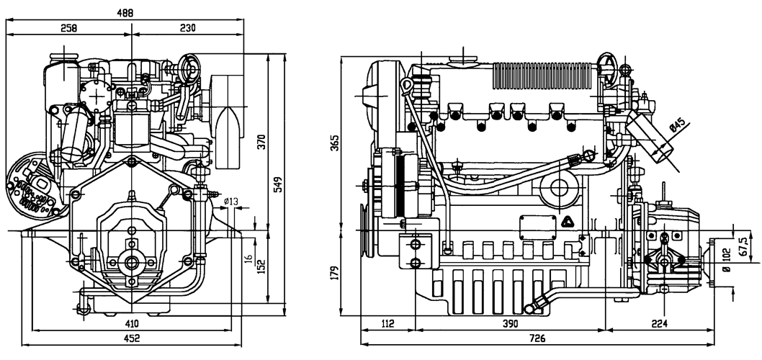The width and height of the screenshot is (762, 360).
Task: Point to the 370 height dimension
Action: pyautogui.click(x=262, y=143)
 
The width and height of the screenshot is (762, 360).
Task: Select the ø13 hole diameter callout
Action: pyautogui.click(x=230, y=202)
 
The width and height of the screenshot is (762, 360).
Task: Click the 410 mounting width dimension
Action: pyautogui.click(x=131, y=323)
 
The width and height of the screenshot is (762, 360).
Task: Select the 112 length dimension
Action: pyautogui.click(x=387, y=324)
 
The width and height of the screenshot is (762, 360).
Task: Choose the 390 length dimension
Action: pyautogui.click(x=509, y=324)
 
